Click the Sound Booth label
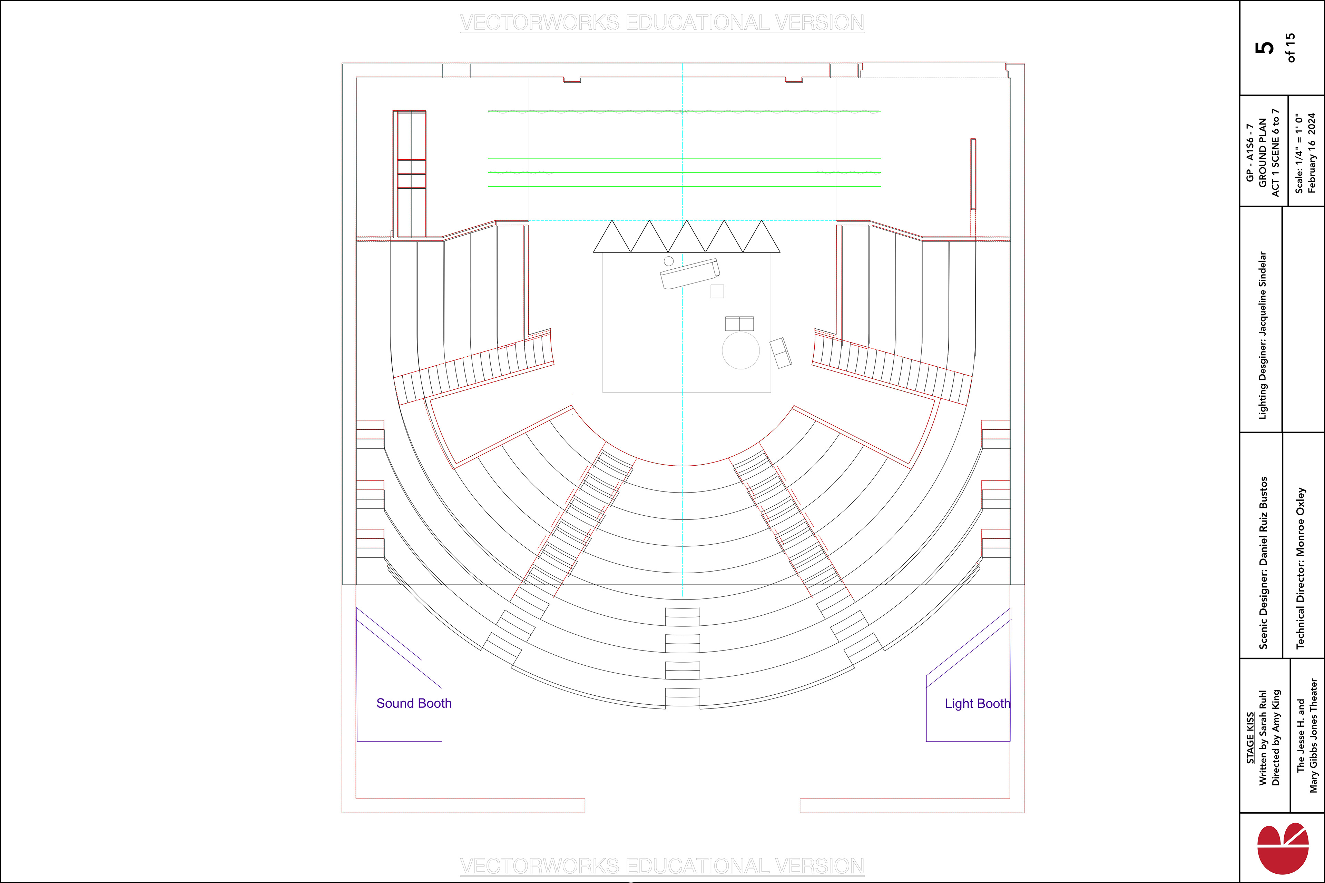(413, 703)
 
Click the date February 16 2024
(1312, 153)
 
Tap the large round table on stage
(741, 350)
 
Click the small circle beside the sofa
(669, 261)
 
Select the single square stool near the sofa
(717, 291)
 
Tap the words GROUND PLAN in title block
(1263, 153)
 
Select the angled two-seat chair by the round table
(780, 353)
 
